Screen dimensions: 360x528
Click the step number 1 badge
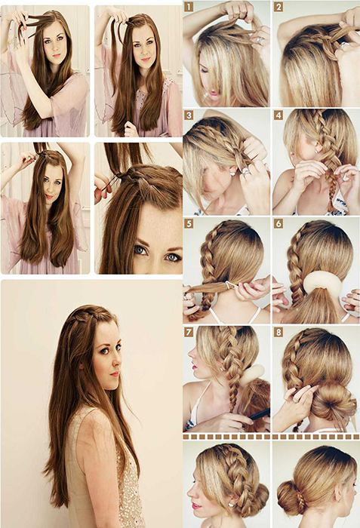point(189,7)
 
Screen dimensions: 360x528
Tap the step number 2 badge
point(278,7)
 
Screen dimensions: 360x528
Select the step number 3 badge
point(189,115)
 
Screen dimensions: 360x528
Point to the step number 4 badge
point(278,115)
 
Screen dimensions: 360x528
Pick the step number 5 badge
point(189,223)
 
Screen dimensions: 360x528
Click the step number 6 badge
point(278,223)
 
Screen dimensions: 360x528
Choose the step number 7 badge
point(189,333)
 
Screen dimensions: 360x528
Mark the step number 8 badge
point(278,333)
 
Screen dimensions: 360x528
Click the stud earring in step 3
point(232,173)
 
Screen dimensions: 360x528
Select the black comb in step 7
point(259,414)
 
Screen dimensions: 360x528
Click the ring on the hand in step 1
point(259,40)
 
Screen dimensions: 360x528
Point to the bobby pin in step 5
point(232,285)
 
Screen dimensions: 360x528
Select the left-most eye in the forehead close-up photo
point(140,250)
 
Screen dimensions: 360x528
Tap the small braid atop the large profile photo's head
point(85,315)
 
